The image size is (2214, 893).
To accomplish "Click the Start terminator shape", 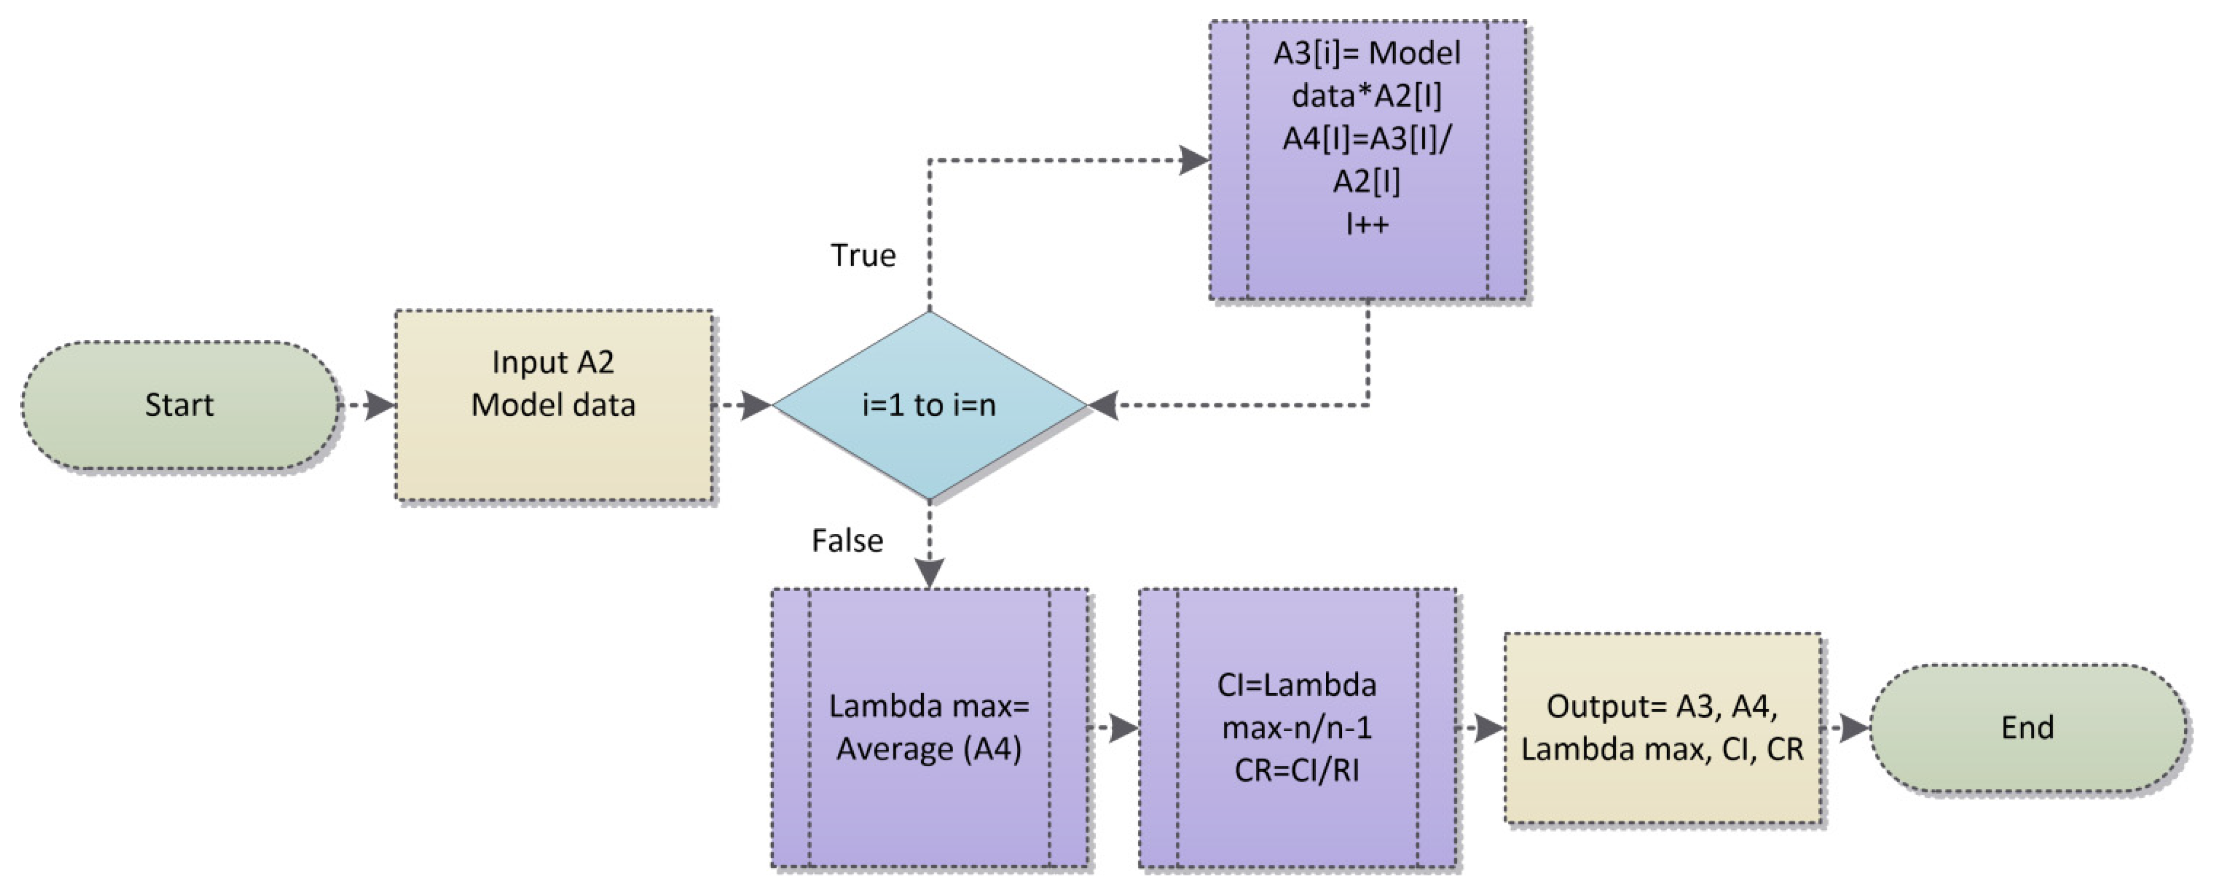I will [x=179, y=405].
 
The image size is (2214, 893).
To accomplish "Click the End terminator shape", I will [x=2027, y=728].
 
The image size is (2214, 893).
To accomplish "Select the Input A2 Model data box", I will [x=553, y=405].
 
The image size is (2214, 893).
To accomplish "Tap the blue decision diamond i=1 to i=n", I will [x=929, y=405].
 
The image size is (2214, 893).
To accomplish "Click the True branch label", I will [x=863, y=255].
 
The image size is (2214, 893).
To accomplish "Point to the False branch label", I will [x=847, y=540].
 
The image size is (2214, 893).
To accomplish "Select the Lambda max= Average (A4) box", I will [x=929, y=728].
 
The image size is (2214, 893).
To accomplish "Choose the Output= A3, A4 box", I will [x=1662, y=728].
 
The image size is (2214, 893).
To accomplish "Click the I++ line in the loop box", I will [x=1367, y=224].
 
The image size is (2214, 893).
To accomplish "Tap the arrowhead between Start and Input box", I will [x=379, y=405].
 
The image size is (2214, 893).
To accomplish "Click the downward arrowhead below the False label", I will [x=929, y=571].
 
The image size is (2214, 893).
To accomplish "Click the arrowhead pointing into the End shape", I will [x=1854, y=728].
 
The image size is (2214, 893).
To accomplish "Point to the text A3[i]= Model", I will [x=1367, y=53].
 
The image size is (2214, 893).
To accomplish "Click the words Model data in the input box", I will [x=553, y=405].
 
